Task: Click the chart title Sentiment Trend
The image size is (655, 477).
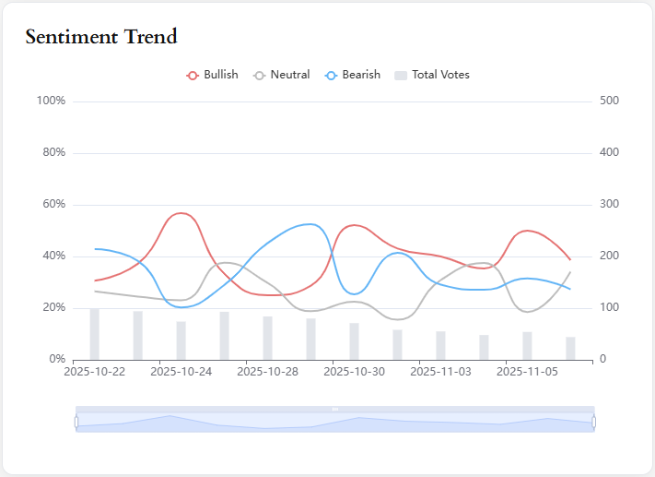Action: tap(101, 37)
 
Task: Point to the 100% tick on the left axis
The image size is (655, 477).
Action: tap(51, 101)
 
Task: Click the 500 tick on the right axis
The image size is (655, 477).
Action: tap(609, 101)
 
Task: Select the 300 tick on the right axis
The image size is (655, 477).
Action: tap(609, 204)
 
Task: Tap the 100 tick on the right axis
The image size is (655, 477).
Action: tap(609, 307)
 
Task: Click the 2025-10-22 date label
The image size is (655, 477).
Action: tap(94, 372)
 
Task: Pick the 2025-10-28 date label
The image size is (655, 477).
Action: tap(267, 372)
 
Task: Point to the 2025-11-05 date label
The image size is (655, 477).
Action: tap(527, 372)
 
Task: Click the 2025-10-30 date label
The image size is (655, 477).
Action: tap(354, 372)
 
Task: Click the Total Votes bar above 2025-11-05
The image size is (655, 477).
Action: tap(527, 345)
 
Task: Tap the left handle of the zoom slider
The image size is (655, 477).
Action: tap(76, 422)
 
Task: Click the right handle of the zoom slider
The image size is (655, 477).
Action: tap(594, 422)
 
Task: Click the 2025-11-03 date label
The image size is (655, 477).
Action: tap(440, 372)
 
